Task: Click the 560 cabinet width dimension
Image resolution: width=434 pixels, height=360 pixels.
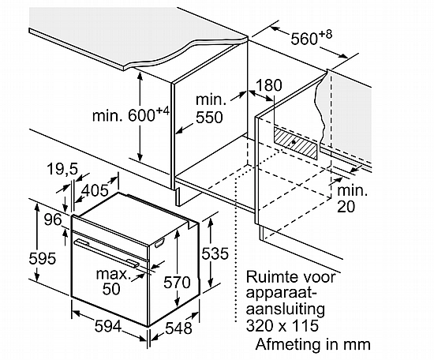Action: point(311,38)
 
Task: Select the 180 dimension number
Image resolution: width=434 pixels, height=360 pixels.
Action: point(268,85)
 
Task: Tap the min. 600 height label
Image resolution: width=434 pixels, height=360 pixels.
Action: point(131,114)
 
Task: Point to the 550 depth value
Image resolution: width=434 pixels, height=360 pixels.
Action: point(209,118)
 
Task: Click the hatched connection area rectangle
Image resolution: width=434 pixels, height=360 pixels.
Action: point(296,143)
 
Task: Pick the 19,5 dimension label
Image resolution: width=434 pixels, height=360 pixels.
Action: point(62,169)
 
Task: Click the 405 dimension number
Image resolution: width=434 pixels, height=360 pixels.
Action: point(95,190)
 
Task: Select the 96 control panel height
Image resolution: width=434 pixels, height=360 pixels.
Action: point(53,219)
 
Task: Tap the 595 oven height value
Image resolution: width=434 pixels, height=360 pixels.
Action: point(43,259)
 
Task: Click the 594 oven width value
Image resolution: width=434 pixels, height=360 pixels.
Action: point(108,326)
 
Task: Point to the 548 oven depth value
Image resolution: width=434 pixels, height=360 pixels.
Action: point(178,328)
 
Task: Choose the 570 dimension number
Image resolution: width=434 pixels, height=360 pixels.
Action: point(177,283)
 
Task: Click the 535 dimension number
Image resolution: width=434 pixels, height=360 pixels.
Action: point(215,253)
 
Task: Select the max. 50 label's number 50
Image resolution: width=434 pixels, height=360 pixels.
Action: point(111,289)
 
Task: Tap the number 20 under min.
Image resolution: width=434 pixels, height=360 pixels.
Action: point(346,207)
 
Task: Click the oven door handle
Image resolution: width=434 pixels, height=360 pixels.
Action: point(107,253)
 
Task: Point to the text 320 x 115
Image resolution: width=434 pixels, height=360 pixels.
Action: point(282,325)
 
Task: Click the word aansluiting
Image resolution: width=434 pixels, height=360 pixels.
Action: point(286,309)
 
